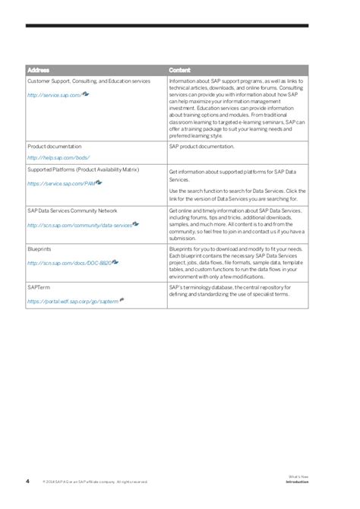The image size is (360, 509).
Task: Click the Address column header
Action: point(39,70)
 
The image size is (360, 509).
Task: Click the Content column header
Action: point(180,70)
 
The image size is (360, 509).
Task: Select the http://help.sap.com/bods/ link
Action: point(58,157)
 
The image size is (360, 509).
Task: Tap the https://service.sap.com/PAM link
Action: point(61,184)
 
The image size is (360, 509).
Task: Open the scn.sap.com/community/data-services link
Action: point(79,226)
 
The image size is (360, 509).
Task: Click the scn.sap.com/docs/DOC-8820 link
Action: point(69,263)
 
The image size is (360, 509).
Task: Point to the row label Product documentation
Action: point(55,146)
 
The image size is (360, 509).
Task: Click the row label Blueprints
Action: point(39,248)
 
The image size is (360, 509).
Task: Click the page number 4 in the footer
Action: point(27,460)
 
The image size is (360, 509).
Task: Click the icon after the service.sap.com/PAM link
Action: point(99,182)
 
